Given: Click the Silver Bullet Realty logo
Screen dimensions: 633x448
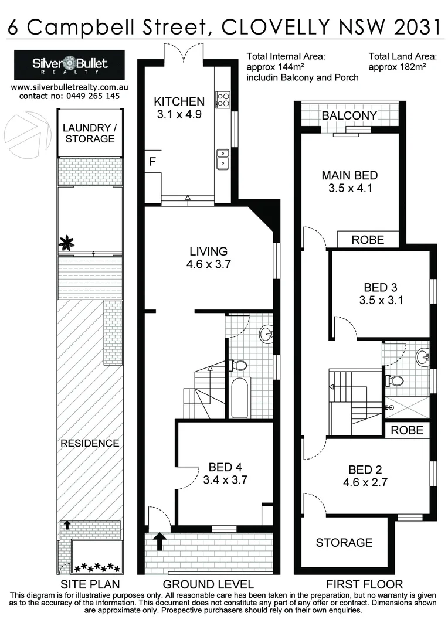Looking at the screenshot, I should click(x=70, y=64).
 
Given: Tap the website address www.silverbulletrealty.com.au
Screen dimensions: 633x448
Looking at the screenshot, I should click(x=70, y=87).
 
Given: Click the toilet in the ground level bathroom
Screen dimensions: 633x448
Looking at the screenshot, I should click(x=238, y=365).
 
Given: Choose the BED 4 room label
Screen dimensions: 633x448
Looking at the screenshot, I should click(x=225, y=467).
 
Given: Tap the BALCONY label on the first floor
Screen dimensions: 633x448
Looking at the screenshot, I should click(x=349, y=115).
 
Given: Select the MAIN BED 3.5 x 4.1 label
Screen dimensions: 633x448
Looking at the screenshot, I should click(x=349, y=182).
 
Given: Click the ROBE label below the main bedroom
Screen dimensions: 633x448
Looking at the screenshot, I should click(x=368, y=240).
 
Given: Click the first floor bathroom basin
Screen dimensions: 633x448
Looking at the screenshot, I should click(x=422, y=356).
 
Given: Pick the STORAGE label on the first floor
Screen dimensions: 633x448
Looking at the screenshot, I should click(x=344, y=543).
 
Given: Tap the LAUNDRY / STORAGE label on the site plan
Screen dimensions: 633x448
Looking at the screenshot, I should click(x=90, y=133).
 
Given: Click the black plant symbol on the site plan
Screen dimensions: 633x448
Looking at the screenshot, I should click(x=68, y=241).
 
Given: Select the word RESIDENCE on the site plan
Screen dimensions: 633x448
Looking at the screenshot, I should click(x=90, y=443).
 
